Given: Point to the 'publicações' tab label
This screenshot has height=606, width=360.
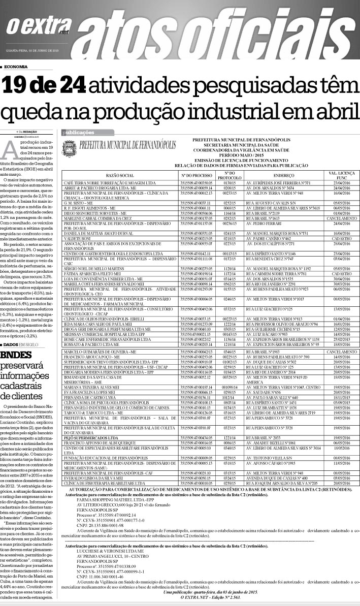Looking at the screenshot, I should [x=78, y=133].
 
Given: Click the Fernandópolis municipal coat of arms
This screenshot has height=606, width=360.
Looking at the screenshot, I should [x=70, y=147].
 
